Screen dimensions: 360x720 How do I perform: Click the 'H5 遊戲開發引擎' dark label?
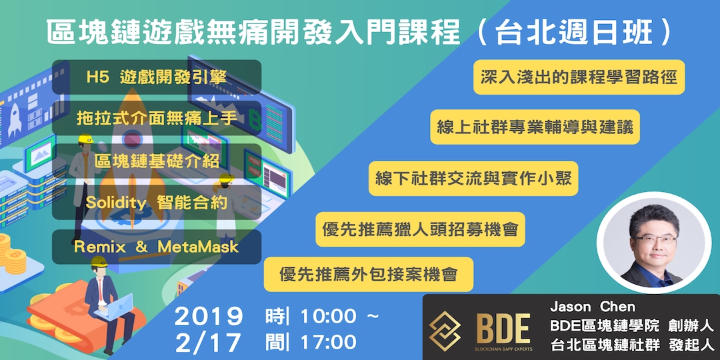click(157, 77)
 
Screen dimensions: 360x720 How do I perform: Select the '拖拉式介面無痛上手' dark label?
click(157, 119)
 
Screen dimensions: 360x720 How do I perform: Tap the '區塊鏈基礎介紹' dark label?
click(157, 161)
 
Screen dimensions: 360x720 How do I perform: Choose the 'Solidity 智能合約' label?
click(157, 203)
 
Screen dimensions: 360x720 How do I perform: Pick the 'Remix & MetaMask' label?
click(157, 247)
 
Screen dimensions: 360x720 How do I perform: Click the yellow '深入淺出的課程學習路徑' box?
click(579, 77)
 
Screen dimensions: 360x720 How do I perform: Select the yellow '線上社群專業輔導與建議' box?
click(535, 127)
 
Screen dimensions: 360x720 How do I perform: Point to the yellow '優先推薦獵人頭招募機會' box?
click(420, 229)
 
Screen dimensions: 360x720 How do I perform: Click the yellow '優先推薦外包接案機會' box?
click(369, 274)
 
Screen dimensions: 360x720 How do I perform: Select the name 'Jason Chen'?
click(593, 307)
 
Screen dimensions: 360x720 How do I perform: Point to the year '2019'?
click(209, 317)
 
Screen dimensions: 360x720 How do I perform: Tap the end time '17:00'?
click(329, 343)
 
